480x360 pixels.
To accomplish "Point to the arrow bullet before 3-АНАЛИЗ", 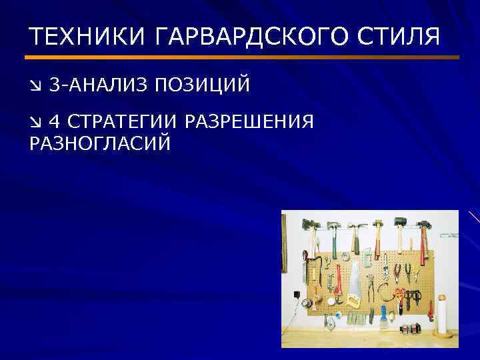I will click(35, 86).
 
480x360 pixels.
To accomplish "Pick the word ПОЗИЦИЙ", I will click(203, 85).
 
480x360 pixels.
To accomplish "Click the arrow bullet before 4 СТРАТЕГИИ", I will click(35, 122).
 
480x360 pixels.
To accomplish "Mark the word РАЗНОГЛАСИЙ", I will click(99, 143).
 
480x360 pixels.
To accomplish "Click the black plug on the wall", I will click(295, 294).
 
